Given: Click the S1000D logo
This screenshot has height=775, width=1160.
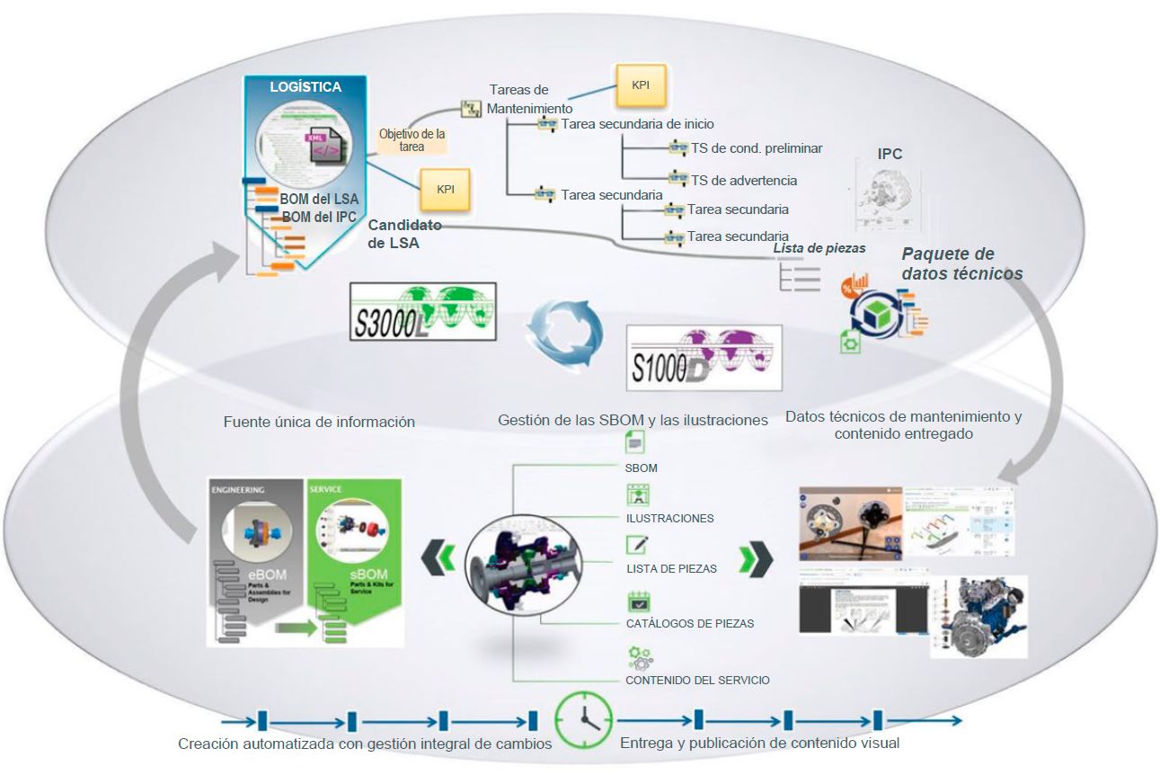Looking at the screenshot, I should [x=704, y=356].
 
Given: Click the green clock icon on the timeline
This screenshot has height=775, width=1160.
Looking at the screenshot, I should [x=583, y=719].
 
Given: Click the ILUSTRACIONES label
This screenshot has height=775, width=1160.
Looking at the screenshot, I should [x=669, y=518].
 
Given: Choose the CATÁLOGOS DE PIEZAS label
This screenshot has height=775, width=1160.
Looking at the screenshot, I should [x=689, y=623].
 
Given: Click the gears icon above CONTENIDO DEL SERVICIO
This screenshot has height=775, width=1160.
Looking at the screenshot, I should [x=640, y=656].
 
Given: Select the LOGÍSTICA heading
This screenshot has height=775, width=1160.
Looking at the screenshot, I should [x=306, y=87].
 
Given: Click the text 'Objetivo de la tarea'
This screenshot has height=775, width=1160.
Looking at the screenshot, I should [x=412, y=139].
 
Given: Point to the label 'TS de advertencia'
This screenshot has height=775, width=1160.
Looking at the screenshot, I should [x=743, y=181].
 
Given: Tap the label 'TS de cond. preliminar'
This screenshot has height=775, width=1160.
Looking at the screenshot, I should [x=757, y=148].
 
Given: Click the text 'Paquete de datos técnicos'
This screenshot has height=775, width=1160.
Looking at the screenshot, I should [x=961, y=263].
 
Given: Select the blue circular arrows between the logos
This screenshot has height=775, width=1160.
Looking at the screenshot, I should [x=558, y=328].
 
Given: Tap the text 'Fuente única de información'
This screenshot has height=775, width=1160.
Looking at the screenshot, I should [x=319, y=421].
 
